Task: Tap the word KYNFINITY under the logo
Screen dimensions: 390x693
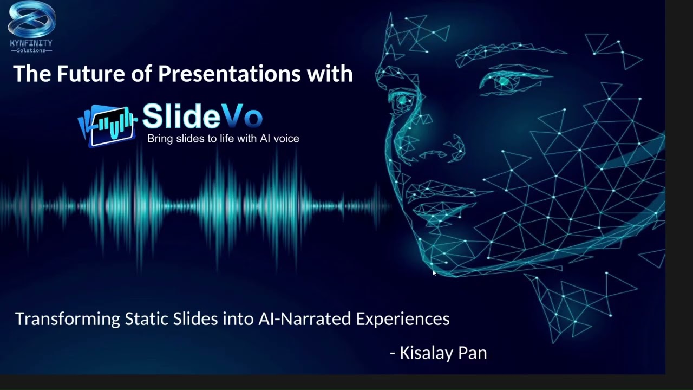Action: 31,43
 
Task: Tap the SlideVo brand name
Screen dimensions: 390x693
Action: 202,116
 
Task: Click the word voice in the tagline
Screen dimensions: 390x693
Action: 285,139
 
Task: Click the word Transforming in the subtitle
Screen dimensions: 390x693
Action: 67,319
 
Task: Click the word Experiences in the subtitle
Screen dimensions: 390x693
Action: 402,319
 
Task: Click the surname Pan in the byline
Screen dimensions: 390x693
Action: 473,353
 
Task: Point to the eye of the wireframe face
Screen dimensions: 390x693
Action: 505,82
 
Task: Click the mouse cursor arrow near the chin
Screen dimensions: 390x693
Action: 434,273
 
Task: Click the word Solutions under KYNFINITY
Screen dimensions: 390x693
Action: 31,50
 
